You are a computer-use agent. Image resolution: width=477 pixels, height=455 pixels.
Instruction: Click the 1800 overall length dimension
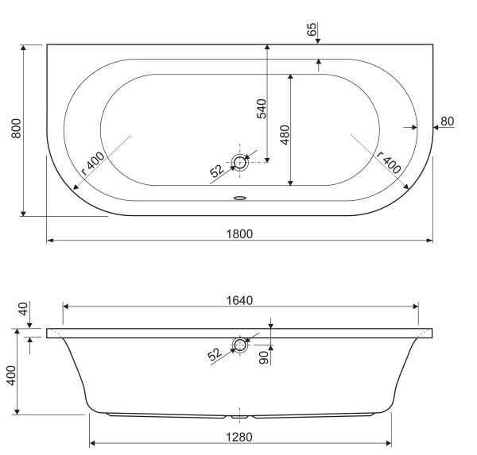click(x=239, y=234)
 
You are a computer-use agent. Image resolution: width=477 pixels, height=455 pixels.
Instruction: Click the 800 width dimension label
click(x=17, y=129)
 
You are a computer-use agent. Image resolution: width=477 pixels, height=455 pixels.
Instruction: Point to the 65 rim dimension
click(x=312, y=29)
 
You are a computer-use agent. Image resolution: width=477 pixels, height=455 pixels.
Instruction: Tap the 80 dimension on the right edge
click(x=447, y=121)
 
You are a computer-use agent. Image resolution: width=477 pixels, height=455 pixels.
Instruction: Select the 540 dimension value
click(x=262, y=109)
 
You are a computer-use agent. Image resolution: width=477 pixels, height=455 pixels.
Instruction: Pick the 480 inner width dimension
click(x=285, y=135)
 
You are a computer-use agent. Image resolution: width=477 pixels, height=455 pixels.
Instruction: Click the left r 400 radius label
click(x=93, y=164)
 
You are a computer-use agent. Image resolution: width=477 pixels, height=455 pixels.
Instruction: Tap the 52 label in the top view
click(x=217, y=171)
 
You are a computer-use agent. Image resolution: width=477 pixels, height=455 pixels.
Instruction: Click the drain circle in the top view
click(x=240, y=162)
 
